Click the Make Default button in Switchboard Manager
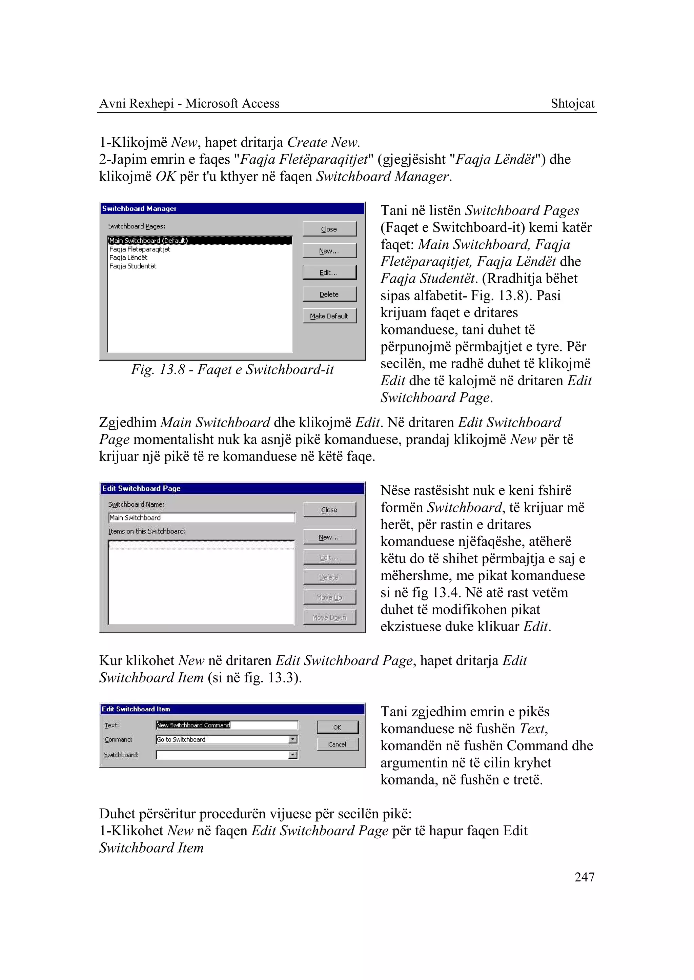tap(329, 316)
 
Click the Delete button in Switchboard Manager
tap(329, 294)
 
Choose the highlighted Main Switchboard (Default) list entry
tap(148, 241)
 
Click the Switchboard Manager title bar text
tap(139, 208)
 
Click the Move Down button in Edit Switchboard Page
tap(329, 617)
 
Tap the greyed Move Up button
tap(329, 597)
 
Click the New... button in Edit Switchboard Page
tap(329, 537)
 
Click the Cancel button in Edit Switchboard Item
tap(337, 744)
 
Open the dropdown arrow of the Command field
tap(293, 739)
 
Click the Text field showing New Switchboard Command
tap(226, 725)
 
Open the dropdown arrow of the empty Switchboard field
tap(293, 755)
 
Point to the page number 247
tap(584, 877)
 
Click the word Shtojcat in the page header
tap(572, 103)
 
